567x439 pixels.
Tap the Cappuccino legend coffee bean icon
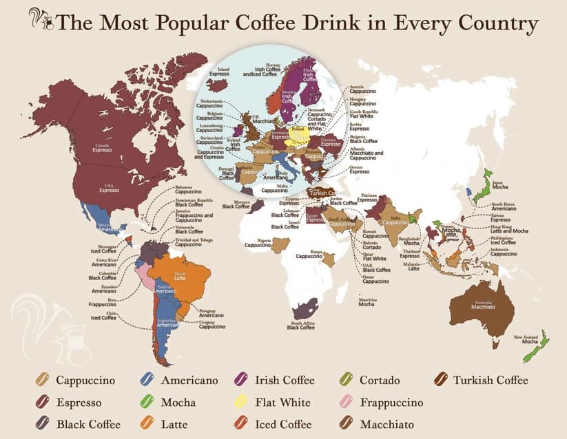(43, 381)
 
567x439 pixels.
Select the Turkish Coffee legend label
(490, 380)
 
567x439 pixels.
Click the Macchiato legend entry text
(381, 424)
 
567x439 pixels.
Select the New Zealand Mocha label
(526, 339)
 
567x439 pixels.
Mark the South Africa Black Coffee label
(301, 325)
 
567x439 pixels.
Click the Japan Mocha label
(501, 184)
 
